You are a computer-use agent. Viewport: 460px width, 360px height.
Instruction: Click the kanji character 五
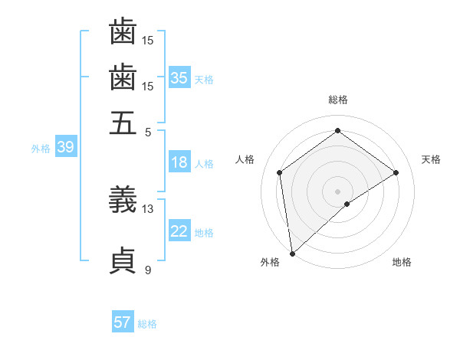123,123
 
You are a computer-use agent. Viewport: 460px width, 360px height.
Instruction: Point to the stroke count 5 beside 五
148,131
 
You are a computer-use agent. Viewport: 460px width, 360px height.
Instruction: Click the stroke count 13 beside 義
148,208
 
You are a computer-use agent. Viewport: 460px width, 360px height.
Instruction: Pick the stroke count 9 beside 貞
148,270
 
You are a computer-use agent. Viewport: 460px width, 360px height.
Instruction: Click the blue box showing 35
179,78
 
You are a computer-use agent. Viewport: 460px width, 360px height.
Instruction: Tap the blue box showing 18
179,162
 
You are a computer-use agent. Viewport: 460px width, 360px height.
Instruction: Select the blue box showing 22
179,231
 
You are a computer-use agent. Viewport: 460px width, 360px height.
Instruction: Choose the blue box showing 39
65,148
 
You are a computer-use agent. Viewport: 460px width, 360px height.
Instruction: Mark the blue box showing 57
123,322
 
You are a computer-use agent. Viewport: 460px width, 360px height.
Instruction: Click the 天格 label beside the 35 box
204,80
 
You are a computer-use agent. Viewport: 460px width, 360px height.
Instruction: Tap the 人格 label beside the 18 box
204,164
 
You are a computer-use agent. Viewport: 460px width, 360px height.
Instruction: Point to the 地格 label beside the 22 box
204,233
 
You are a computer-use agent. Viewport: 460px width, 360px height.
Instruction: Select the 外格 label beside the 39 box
41,149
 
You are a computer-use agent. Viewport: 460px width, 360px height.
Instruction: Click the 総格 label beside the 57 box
147,324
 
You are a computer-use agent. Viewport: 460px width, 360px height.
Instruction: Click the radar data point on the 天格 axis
396,172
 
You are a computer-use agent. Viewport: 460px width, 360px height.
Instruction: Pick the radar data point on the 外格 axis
292,254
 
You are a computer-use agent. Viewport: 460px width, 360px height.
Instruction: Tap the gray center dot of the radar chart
338,191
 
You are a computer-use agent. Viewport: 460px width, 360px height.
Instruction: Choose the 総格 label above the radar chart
338,100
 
